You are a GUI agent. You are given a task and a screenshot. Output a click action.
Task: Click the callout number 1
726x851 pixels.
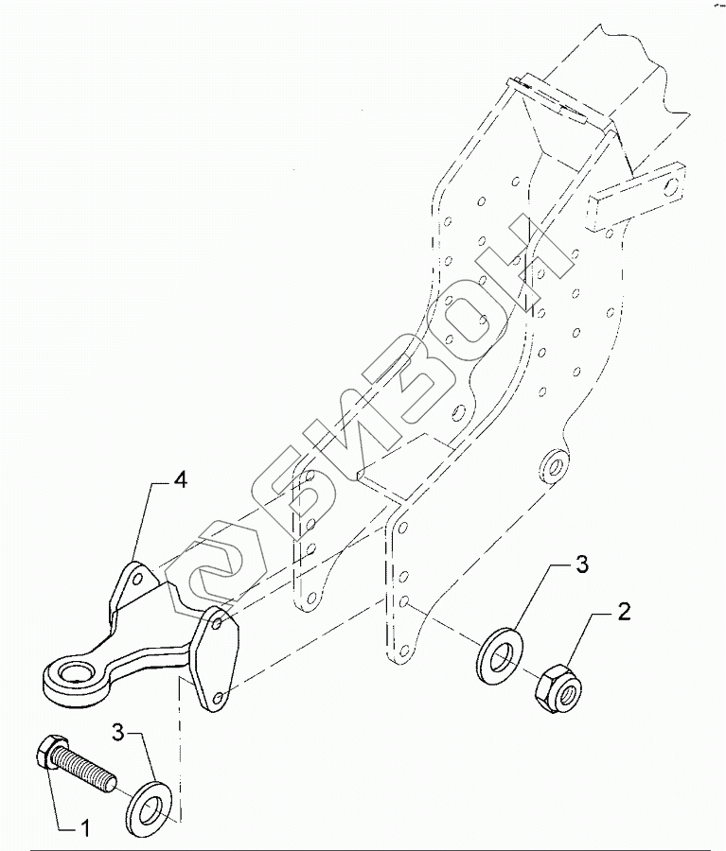tap(85, 829)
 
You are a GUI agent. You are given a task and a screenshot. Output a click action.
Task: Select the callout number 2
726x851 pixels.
tap(623, 612)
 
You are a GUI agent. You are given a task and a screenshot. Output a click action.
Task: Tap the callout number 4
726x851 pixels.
tap(179, 479)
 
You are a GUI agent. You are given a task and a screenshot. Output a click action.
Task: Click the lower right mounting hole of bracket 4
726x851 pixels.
tap(220, 697)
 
